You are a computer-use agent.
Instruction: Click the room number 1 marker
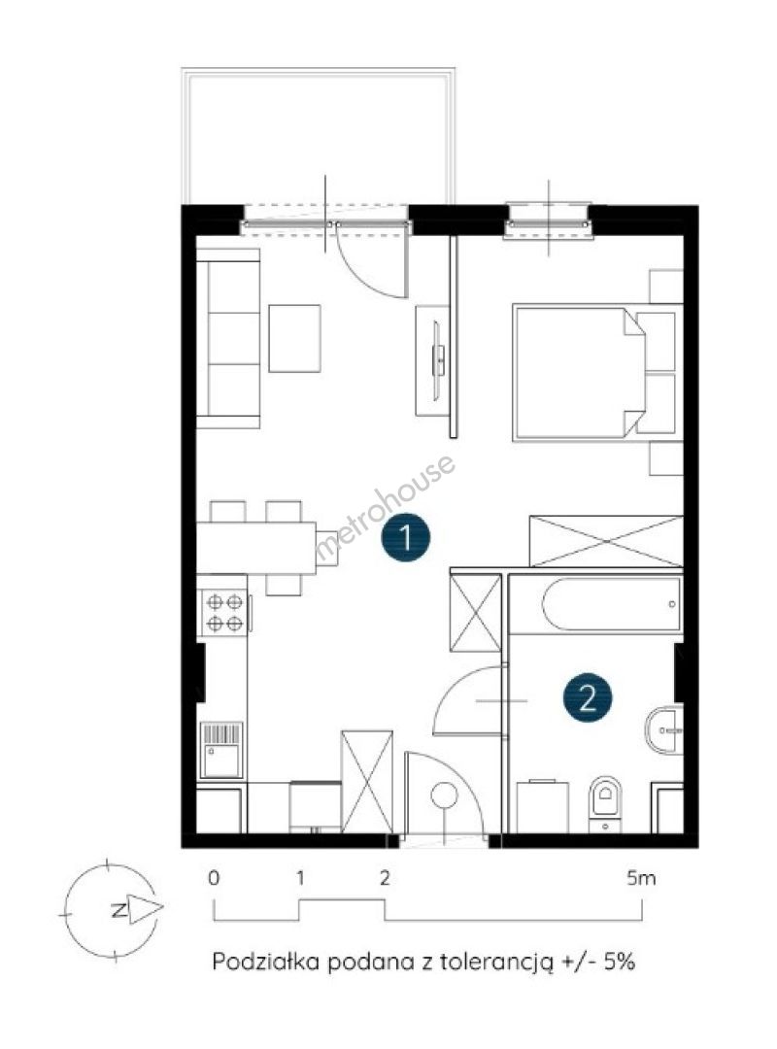[406, 537]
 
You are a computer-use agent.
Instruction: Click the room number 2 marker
[587, 698]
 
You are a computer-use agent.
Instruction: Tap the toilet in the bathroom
[605, 804]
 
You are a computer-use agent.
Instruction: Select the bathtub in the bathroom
[612, 604]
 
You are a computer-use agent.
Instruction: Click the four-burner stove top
[224, 613]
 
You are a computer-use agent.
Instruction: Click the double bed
[593, 373]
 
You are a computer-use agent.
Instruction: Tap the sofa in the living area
[227, 339]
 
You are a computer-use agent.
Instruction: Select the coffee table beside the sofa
[294, 339]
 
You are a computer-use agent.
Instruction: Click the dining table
[256, 548]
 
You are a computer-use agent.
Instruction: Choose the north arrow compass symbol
[112, 909]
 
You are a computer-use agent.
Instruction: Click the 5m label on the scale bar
[641, 878]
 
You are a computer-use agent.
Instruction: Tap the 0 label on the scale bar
[214, 878]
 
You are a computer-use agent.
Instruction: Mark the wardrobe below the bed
[606, 541]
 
